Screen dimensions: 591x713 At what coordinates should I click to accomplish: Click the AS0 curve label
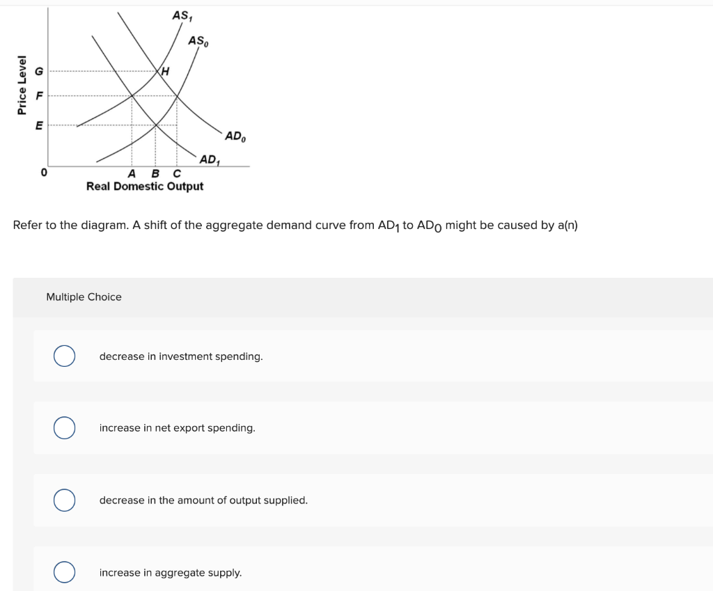198,41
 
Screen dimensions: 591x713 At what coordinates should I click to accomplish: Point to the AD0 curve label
235,136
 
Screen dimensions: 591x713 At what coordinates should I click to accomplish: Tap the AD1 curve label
210,159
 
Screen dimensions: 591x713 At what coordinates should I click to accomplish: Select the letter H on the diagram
165,71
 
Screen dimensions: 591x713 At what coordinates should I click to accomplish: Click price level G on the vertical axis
39,71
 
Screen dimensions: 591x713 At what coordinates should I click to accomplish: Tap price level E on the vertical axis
39,125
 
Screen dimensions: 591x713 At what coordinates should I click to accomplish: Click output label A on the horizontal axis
132,173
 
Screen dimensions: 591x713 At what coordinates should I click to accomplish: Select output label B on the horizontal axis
155,173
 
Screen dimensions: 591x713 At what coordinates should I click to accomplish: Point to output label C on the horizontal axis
176,173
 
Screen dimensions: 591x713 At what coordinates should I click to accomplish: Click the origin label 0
44,171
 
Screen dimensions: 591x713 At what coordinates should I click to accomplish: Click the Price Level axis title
22,85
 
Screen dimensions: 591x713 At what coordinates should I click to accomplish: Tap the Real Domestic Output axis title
145,187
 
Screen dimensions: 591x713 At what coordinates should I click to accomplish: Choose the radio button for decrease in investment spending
65,356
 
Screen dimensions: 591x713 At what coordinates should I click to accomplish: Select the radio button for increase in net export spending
65,427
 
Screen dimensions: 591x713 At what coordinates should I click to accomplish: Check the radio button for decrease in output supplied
65,500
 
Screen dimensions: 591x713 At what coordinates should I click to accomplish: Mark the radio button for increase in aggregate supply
65,572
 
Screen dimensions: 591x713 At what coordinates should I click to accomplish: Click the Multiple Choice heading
84,297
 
